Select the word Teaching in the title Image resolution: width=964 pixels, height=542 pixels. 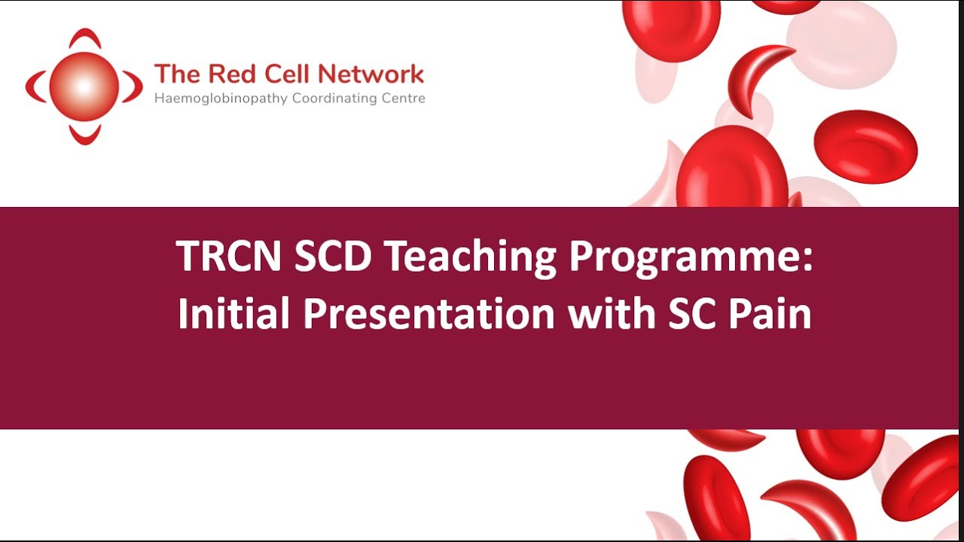pos(469,257)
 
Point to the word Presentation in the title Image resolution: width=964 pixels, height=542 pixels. pos(429,314)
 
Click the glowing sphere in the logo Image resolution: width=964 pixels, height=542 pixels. pos(84,87)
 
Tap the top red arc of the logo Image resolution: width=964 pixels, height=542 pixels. pos(84,37)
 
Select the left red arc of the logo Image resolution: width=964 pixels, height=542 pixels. pos(33,87)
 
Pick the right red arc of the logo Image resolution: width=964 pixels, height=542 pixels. pos(134,87)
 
